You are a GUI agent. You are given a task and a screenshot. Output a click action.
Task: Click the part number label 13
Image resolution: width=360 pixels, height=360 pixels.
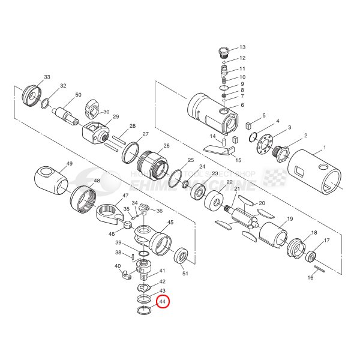[242, 47]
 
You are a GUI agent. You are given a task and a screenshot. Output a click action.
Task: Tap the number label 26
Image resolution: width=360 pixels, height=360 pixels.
[166, 146]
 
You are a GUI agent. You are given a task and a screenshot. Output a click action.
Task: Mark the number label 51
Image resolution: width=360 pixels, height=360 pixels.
[185, 274]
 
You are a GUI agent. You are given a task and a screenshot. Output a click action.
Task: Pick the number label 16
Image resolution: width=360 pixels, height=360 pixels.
[310, 278]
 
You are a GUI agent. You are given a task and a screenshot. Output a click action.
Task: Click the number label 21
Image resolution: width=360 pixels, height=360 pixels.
[236, 190]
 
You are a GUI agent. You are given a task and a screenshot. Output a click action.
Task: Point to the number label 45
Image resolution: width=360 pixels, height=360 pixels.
[170, 223]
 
